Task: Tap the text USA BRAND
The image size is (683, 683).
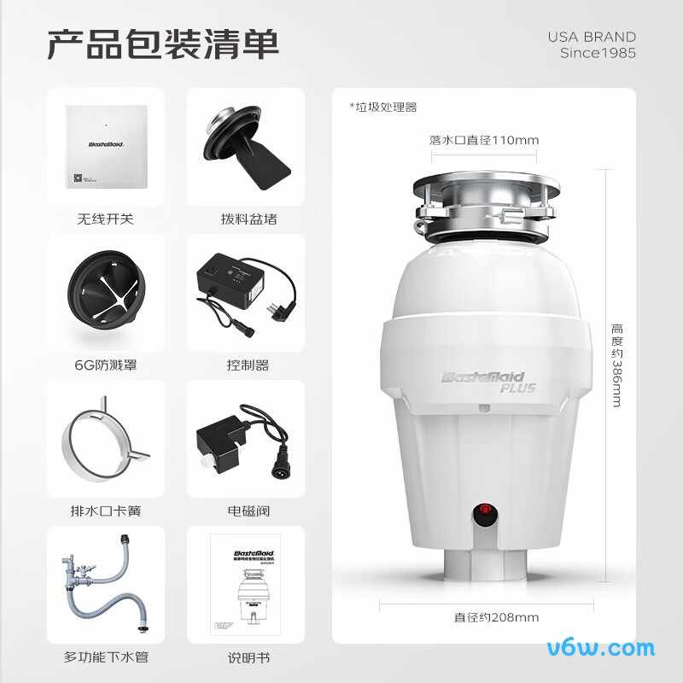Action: pyautogui.click(x=592, y=37)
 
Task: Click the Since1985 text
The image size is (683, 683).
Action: pyautogui.click(x=598, y=53)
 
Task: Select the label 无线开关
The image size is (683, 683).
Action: pyautogui.click(x=105, y=219)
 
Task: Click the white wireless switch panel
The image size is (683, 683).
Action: pyautogui.click(x=105, y=147)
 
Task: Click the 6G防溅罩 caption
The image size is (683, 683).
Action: pyautogui.click(x=105, y=365)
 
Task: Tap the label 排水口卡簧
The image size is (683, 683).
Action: pyautogui.click(x=105, y=511)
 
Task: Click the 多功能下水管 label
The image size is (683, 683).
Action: pyautogui.click(x=105, y=657)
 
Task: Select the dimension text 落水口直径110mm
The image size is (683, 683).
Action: pyautogui.click(x=483, y=140)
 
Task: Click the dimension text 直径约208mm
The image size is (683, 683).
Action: pyautogui.click(x=483, y=617)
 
